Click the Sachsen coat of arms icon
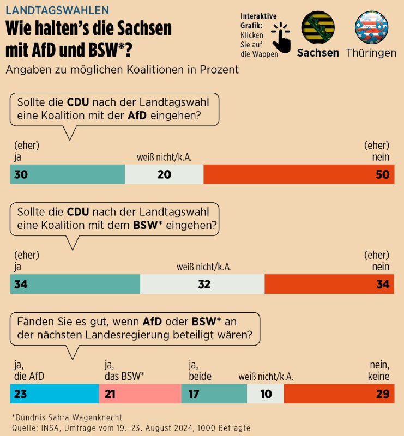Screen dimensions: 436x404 318,28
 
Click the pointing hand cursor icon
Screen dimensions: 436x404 281,36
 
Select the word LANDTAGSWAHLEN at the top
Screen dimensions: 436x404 56,10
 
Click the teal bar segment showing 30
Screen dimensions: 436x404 68,174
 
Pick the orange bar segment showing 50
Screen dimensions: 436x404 298,174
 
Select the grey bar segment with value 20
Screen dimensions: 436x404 164,174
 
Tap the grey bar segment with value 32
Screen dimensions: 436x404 202,283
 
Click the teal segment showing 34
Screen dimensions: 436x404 75,283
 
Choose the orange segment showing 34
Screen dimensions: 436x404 329,283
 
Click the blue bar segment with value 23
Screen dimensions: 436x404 55,393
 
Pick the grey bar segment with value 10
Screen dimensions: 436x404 266,393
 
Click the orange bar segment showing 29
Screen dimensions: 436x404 339,393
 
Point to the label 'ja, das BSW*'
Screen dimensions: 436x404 124,371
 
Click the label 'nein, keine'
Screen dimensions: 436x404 377,371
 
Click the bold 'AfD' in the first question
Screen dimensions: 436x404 137,116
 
